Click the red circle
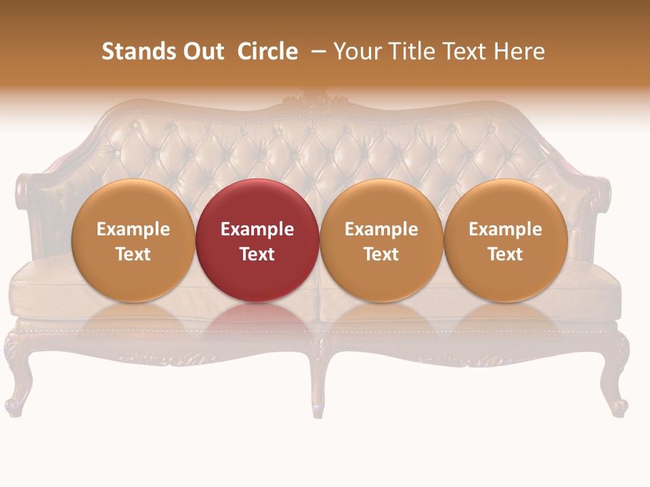coord(257,240)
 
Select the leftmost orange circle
coord(133,240)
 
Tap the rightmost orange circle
coord(505,240)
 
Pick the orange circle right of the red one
coord(381,240)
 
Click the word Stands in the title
coord(133,51)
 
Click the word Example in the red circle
coord(257,229)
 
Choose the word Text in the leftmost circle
coord(133,254)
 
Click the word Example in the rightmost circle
coord(505,229)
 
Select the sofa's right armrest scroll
coord(599,193)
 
